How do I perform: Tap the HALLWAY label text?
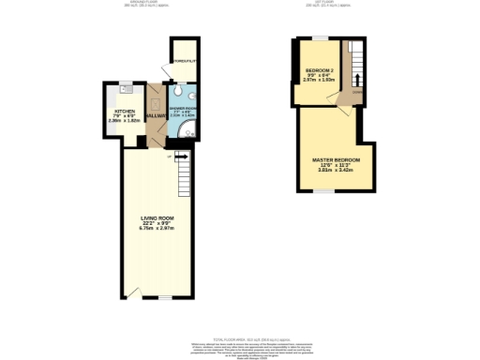[x=155, y=115]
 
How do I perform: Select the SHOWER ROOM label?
[x=184, y=110]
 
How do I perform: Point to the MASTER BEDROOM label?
[x=336, y=160]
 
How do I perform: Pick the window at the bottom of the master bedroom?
[x=323, y=191]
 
